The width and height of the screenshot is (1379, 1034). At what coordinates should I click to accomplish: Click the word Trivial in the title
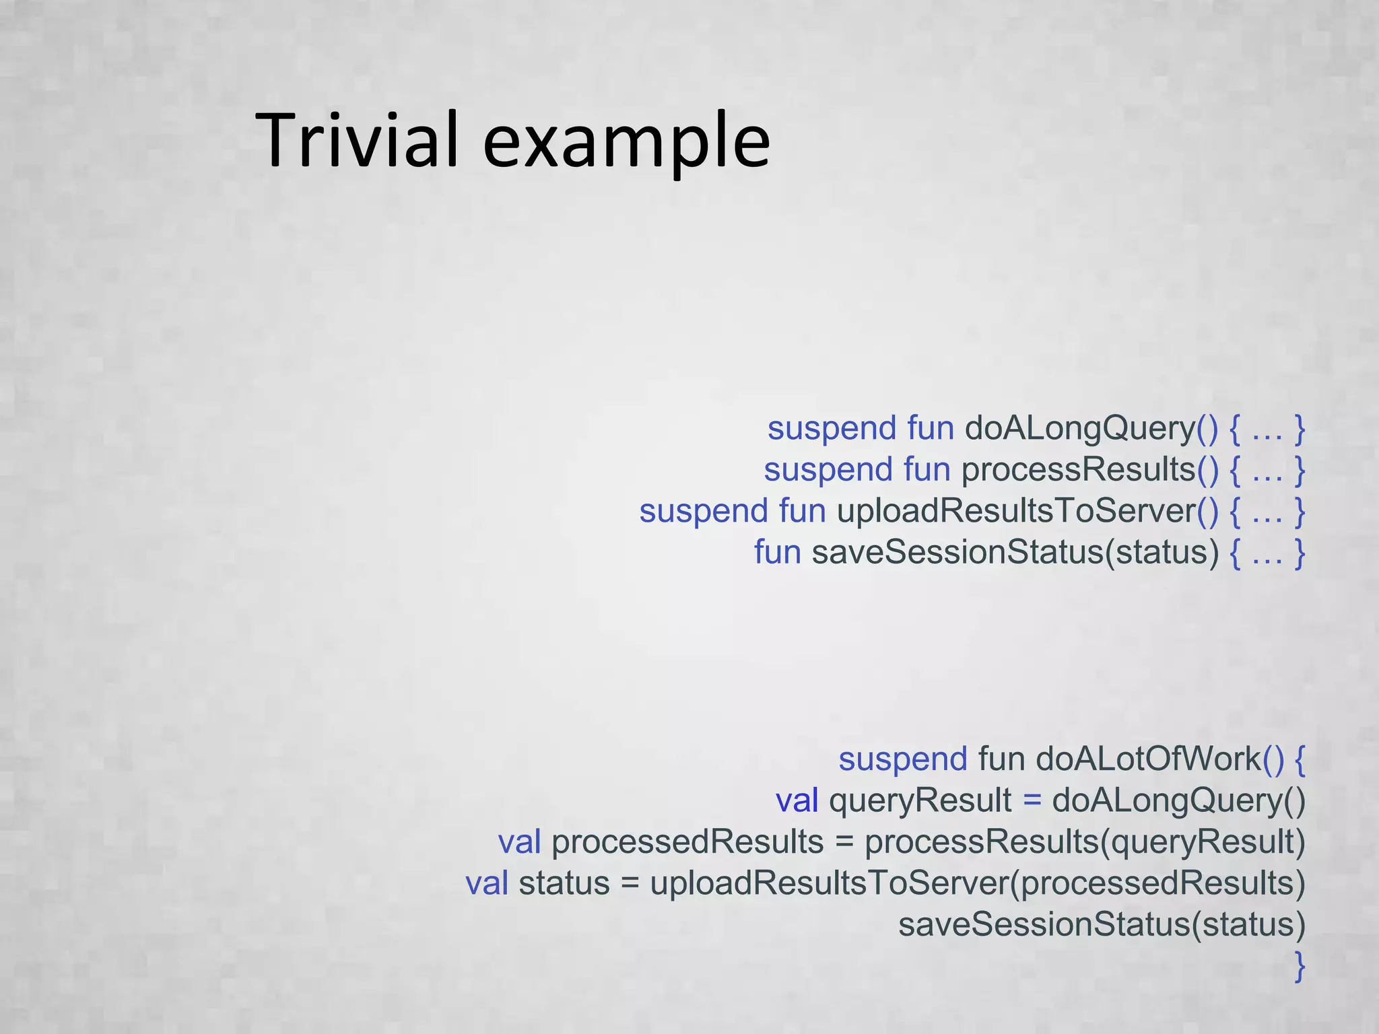click(x=357, y=140)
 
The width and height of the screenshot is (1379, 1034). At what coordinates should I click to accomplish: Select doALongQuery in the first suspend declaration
click(x=1080, y=429)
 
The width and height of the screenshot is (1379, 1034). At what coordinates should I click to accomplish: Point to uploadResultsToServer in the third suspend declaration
click(x=1016, y=511)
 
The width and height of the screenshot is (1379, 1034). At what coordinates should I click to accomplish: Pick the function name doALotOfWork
click(x=1148, y=759)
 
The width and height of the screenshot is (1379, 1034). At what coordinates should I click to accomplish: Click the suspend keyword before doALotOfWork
click(x=903, y=759)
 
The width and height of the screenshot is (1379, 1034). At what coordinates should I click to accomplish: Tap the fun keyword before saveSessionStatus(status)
click(x=777, y=552)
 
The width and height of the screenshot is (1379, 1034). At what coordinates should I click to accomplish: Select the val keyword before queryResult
click(x=797, y=800)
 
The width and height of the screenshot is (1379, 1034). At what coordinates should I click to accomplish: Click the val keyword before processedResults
click(x=519, y=842)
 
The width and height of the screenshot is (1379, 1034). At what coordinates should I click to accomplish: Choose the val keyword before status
click(x=487, y=883)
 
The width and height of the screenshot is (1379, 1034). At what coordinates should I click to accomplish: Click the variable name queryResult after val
click(x=920, y=800)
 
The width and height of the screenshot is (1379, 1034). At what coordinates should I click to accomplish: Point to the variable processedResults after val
click(x=687, y=842)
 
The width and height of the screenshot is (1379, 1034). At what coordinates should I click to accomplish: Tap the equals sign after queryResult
click(x=1032, y=800)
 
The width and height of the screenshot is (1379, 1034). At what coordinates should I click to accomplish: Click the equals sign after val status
click(x=630, y=883)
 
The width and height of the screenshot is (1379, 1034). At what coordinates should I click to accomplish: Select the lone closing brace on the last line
click(x=1300, y=966)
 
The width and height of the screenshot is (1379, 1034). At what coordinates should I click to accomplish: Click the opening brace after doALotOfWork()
click(x=1300, y=759)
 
